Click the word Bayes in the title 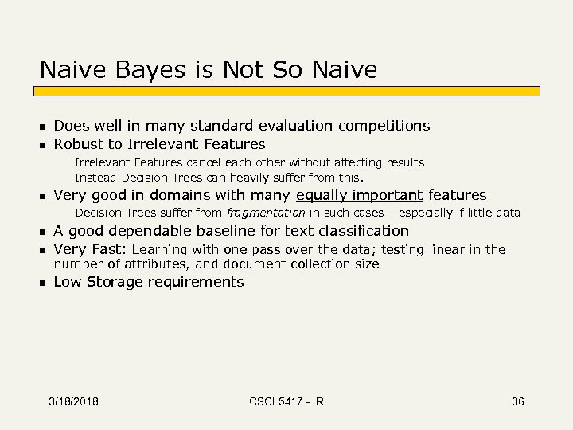pyautogui.click(x=142, y=70)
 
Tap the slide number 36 pyautogui.click(x=518, y=401)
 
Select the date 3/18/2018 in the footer pyautogui.click(x=72, y=401)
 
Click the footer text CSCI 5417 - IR pyautogui.click(x=286, y=401)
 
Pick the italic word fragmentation pyautogui.click(x=266, y=213)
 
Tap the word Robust pyautogui.click(x=78, y=144)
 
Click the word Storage pyautogui.click(x=119, y=282)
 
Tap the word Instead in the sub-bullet pyautogui.click(x=95, y=178)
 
